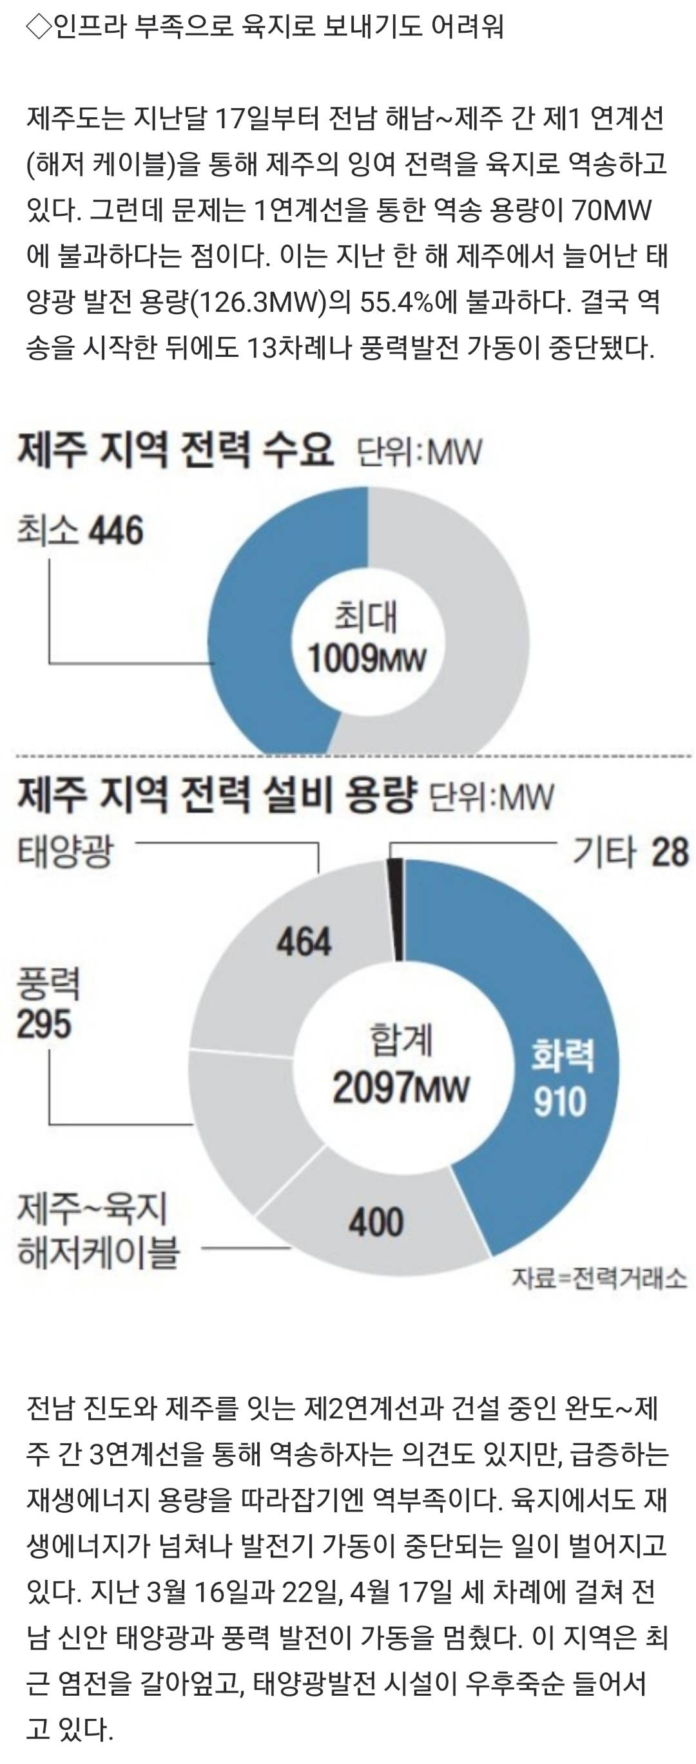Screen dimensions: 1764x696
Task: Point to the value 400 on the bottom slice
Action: [x=376, y=1222]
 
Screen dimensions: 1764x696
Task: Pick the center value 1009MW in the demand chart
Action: [x=367, y=659]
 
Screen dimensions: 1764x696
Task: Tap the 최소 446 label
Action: [x=80, y=531]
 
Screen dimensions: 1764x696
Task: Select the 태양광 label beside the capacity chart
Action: [x=65, y=852]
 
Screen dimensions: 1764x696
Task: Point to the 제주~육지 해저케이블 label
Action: [x=97, y=1230]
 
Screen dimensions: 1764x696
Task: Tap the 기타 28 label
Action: [x=630, y=853]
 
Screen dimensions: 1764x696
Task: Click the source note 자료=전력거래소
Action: [x=598, y=1278]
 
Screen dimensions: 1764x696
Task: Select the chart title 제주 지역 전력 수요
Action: [x=175, y=450]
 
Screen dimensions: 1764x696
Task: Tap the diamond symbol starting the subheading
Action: [x=37, y=26]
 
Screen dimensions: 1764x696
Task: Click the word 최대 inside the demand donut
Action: [x=366, y=616]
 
